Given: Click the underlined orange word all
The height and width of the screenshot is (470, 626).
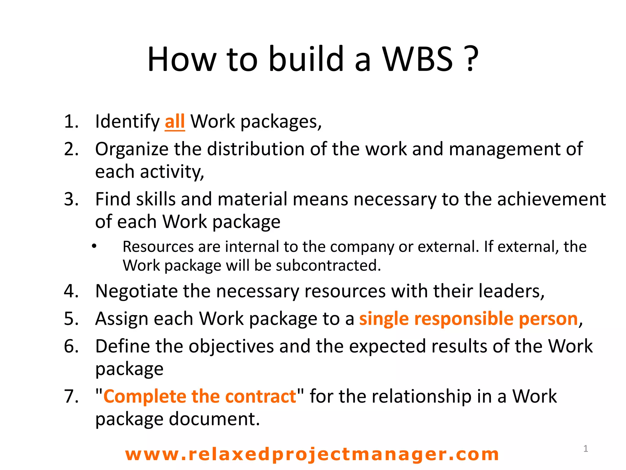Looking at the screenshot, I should pos(175,121).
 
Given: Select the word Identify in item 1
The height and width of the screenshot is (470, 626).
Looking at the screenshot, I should pos(127,121).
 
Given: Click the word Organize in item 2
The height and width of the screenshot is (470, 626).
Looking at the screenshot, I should pos(132,149).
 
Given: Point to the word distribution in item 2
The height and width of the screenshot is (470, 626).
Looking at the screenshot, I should pos(256,149).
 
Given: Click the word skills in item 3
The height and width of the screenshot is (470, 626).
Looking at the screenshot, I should pos(156,199).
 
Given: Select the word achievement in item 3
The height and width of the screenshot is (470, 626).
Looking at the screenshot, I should pos(551,199).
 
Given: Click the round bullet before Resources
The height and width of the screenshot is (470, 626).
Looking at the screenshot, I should pos(94,246).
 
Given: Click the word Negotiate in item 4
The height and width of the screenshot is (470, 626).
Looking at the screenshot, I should pos(136,291).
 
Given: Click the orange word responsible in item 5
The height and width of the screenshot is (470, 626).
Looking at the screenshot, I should pos(464,319).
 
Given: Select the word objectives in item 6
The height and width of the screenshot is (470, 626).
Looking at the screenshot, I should pos(231,346).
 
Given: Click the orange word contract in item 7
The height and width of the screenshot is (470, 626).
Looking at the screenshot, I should pos(261,397).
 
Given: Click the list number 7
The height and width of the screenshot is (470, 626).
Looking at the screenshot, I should pos(71,397).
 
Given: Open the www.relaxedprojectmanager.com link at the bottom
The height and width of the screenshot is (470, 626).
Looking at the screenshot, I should pos(312,454).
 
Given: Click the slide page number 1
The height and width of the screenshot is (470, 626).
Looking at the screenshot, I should pos(586,449).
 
